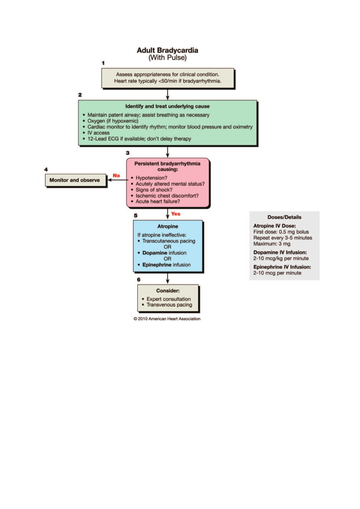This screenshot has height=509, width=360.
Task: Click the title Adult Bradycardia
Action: click(x=167, y=50)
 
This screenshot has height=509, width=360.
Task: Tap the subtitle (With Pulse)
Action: click(x=167, y=58)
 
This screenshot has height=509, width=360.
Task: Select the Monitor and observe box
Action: click(x=74, y=180)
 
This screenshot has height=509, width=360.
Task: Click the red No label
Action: click(x=116, y=175)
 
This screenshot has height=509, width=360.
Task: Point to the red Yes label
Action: click(x=175, y=214)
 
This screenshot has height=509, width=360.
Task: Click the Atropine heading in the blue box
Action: click(x=167, y=226)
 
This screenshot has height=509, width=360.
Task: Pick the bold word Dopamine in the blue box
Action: click(x=155, y=253)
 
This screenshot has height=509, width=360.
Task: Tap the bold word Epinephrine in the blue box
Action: click(x=156, y=265)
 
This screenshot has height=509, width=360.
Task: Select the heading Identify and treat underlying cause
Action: click(x=167, y=106)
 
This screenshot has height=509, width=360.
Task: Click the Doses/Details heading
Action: click(x=284, y=217)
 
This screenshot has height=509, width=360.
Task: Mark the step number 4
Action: click(x=46, y=169)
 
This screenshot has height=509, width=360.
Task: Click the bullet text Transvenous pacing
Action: click(x=169, y=305)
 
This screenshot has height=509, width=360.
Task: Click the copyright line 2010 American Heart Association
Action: click(x=167, y=319)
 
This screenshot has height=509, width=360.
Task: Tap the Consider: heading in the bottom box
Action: click(x=167, y=291)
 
